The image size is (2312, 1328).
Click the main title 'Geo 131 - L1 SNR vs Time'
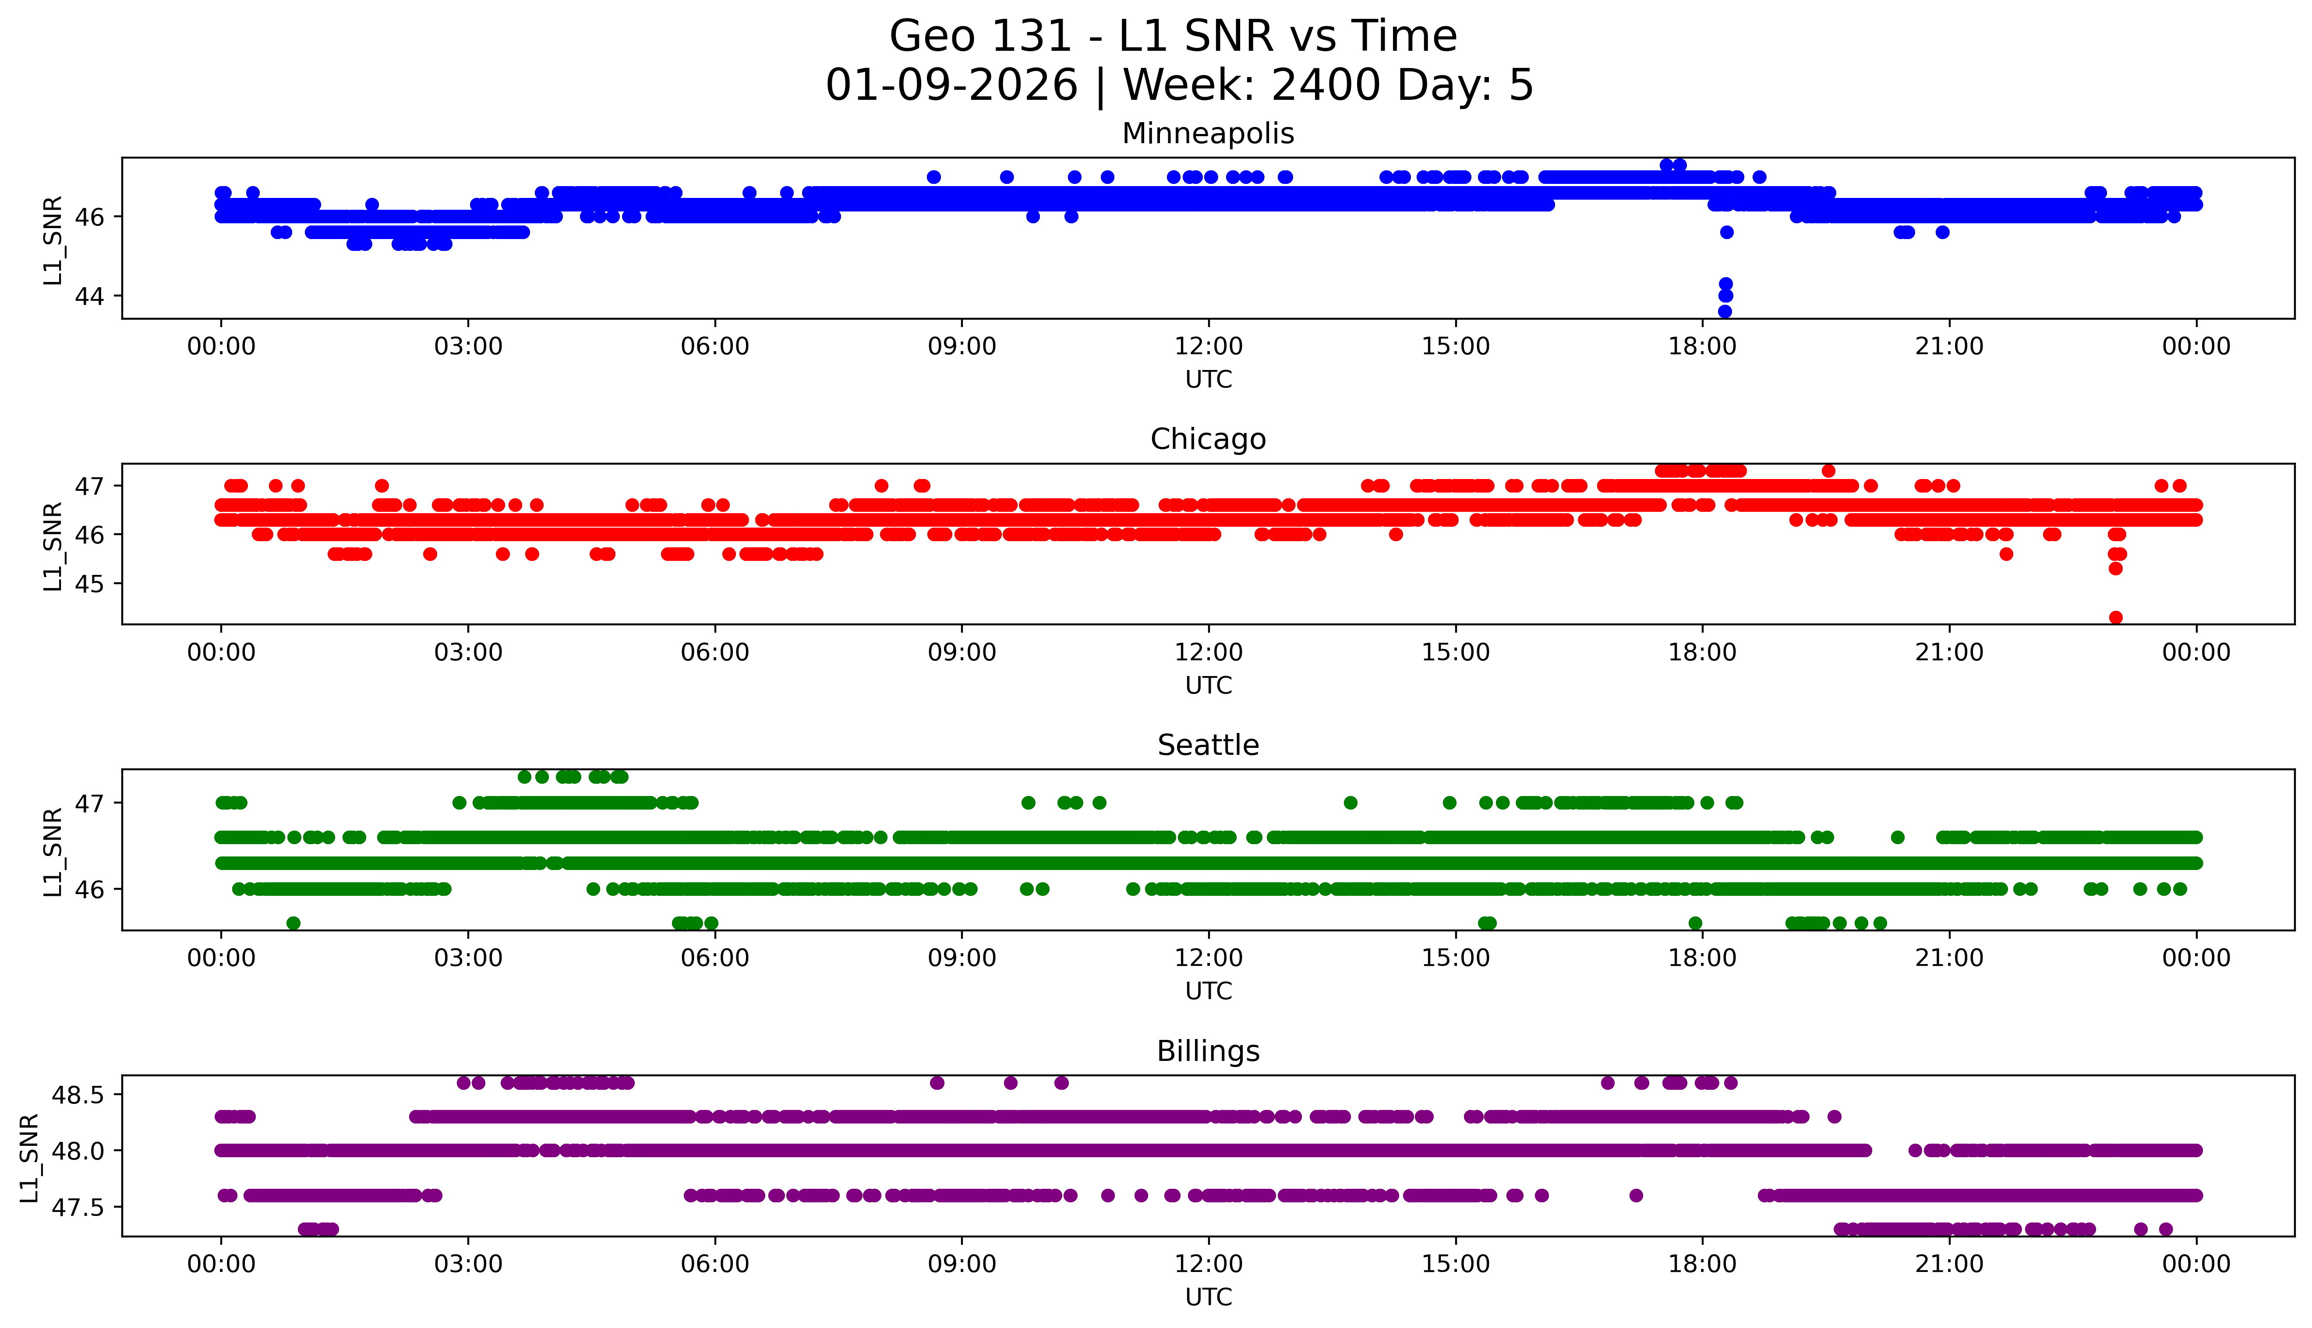pos(1172,36)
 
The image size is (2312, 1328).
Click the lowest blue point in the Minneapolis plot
pos(1725,311)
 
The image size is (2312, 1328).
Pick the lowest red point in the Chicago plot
pos(2116,617)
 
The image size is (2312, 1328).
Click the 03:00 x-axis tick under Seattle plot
pos(468,958)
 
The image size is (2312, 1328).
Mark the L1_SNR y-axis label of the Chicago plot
pos(53,546)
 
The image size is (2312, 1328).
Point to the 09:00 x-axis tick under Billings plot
pos(962,1264)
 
